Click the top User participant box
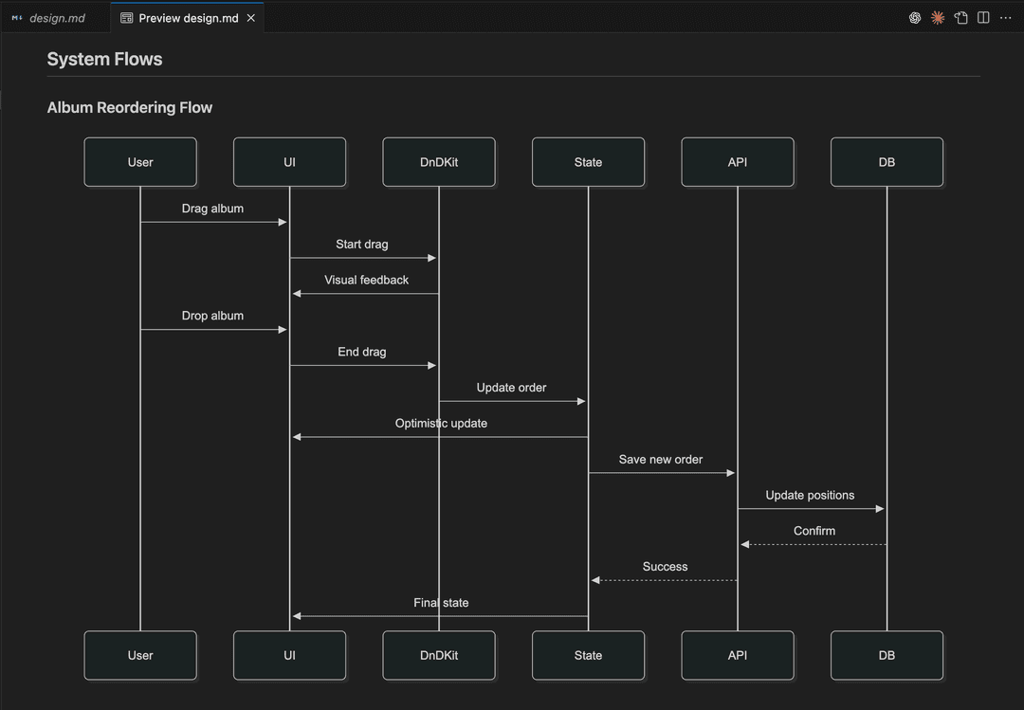tap(140, 162)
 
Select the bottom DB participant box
tap(887, 655)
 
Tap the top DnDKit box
tap(439, 162)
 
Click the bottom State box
tap(589, 655)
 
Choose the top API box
tap(738, 162)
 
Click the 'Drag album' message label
tap(213, 209)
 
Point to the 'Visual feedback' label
tap(366, 280)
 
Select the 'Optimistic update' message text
tap(441, 424)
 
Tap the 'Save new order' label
tap(661, 459)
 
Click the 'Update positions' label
tap(810, 495)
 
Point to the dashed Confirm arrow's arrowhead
tap(744, 544)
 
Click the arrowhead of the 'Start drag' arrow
tap(431, 258)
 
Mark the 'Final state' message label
tap(441, 603)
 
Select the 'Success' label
tap(665, 566)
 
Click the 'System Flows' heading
tap(104, 59)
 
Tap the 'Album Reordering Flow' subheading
tap(129, 107)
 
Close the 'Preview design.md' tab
tap(250, 18)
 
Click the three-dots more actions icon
tap(1006, 18)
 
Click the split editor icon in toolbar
tap(983, 18)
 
